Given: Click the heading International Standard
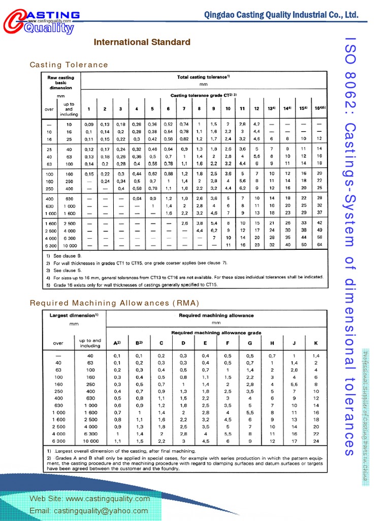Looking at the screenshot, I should (142, 42).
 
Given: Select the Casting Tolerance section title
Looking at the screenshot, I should (69, 65).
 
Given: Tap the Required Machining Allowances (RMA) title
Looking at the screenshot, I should (114, 303).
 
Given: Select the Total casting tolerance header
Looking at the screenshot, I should (204, 77).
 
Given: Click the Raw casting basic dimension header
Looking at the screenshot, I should (60, 82).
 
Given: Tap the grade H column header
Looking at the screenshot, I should (272, 343).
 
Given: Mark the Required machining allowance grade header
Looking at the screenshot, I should (216, 332).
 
